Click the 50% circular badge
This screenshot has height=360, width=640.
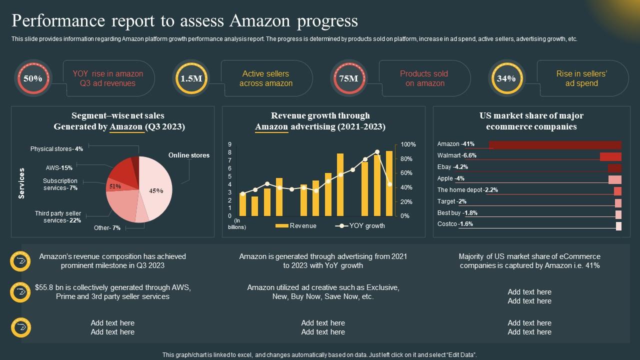[32, 78]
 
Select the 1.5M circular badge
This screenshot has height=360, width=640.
[191, 78]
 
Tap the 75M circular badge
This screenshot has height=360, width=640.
[348, 78]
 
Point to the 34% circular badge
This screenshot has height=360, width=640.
[506, 78]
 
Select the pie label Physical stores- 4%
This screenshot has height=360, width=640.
[56, 149]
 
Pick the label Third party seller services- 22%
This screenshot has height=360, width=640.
[58, 217]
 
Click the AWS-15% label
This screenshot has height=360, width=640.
[59, 168]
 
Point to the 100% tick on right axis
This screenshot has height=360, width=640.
[408, 144]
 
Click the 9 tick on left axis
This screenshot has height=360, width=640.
[229, 144]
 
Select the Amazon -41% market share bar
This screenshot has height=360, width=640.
[554, 144]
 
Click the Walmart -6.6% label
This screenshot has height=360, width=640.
[456, 155]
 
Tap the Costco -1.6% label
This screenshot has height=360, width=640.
[455, 224]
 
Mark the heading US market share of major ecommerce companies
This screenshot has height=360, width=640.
[531, 121]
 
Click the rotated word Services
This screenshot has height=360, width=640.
[21, 183]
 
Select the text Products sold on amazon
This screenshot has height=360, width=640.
[424, 78]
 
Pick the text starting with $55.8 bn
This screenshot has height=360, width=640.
[113, 292]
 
